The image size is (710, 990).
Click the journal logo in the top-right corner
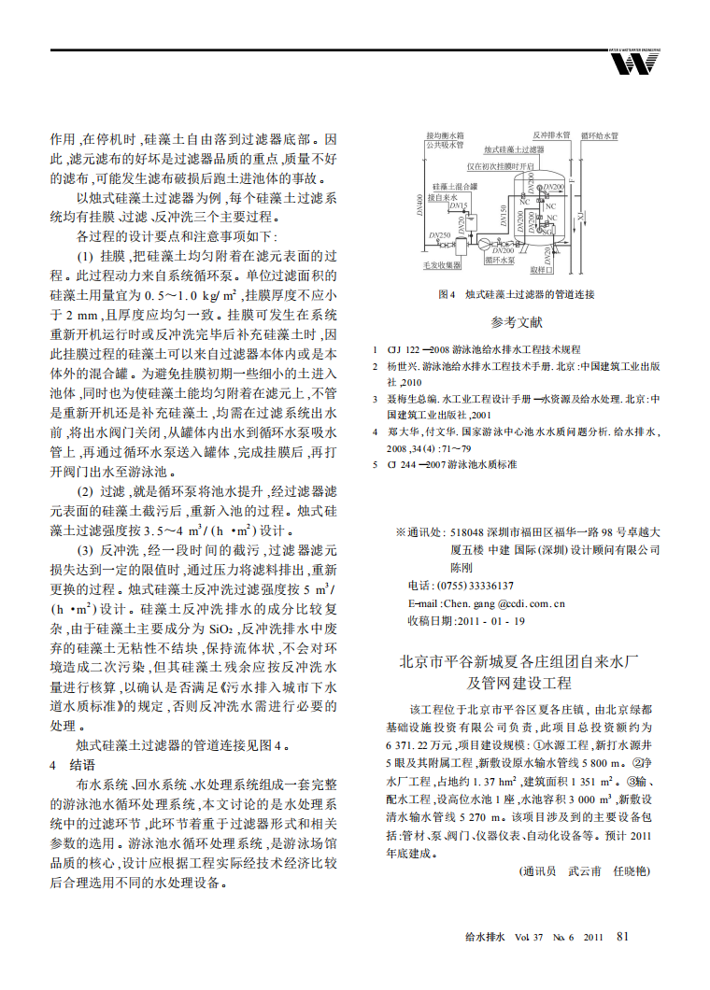click(x=634, y=62)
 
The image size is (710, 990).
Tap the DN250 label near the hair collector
click(x=438, y=234)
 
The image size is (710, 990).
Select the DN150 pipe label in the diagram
click(x=504, y=216)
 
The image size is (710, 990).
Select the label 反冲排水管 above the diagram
click(x=551, y=135)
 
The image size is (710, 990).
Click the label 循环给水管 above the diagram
click(x=600, y=135)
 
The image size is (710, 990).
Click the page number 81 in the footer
click(x=625, y=936)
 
